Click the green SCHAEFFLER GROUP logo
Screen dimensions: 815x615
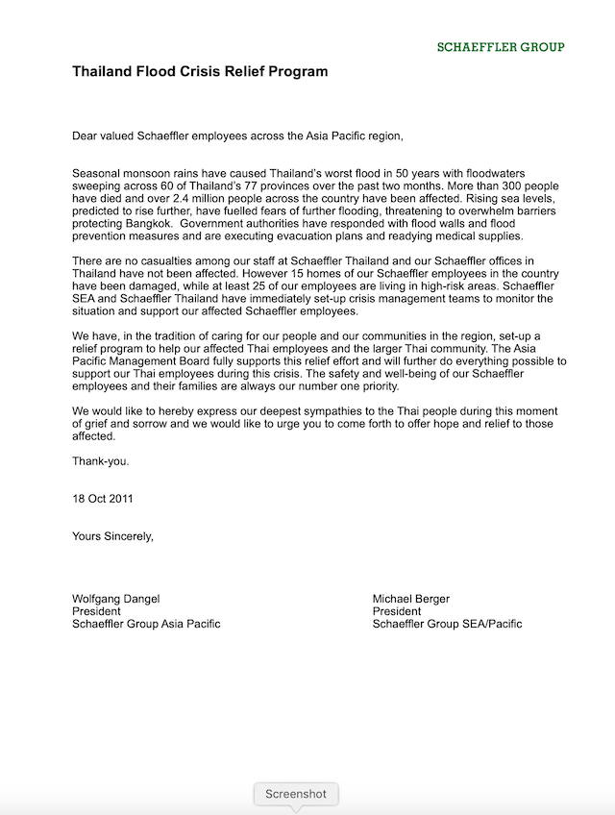point(501,46)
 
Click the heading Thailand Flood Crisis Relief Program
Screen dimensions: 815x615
point(200,71)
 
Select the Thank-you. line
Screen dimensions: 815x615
point(101,460)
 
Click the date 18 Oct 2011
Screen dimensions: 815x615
point(103,499)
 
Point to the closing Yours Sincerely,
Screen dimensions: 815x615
point(112,536)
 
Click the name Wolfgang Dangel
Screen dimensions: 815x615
point(117,599)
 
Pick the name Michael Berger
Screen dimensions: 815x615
point(411,599)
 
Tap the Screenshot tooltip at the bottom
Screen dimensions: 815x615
point(297,794)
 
